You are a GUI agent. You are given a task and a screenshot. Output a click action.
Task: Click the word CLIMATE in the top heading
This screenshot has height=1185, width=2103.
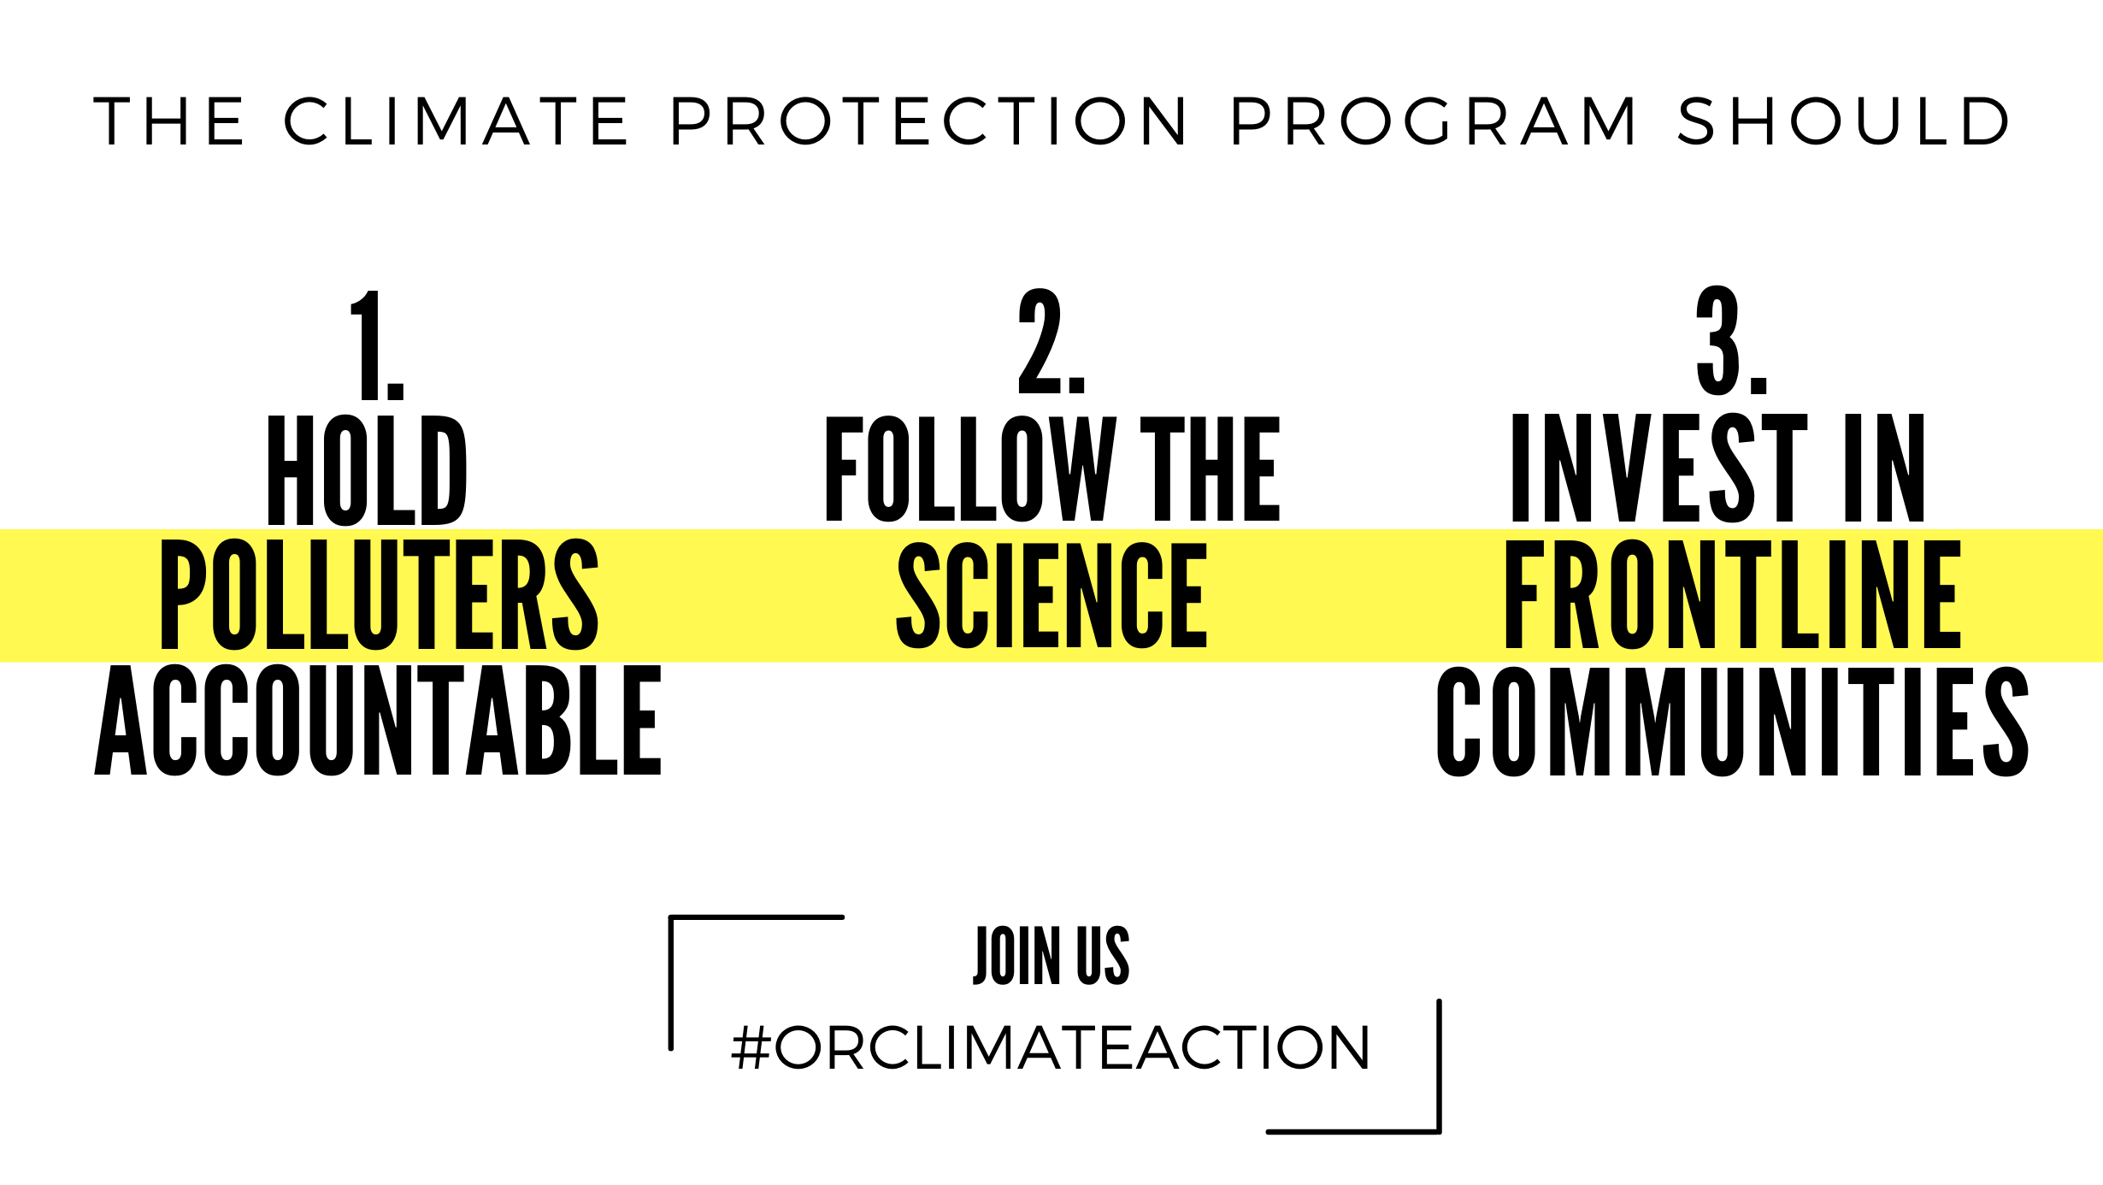pyautogui.click(x=456, y=121)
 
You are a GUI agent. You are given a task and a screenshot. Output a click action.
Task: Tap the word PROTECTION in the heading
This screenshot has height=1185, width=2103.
pyautogui.click(x=928, y=121)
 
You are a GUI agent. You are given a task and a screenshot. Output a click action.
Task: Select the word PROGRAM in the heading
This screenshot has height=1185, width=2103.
pyautogui.click(x=1433, y=121)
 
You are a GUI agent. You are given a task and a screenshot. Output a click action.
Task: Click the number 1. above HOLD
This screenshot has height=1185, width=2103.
pyautogui.click(x=377, y=345)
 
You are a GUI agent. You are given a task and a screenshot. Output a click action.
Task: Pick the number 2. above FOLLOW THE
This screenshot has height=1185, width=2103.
pyautogui.click(x=1051, y=341)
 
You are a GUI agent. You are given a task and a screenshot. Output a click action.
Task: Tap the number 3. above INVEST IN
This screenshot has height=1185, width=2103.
pyautogui.click(x=1732, y=340)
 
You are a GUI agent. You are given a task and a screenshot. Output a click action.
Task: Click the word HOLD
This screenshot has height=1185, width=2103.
pyautogui.click(x=368, y=470)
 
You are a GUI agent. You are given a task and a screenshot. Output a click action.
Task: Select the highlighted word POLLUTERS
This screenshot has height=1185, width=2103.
pyautogui.click(x=380, y=595)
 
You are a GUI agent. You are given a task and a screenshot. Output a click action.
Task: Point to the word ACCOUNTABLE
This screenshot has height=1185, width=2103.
pyautogui.click(x=378, y=720)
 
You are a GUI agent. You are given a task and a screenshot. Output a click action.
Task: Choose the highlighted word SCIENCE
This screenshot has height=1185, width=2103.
pyautogui.click(x=1051, y=595)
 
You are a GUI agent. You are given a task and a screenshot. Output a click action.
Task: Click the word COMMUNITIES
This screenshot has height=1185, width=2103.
pyautogui.click(x=1733, y=722)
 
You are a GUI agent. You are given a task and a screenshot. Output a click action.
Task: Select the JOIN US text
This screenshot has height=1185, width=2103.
pyautogui.click(x=1051, y=955)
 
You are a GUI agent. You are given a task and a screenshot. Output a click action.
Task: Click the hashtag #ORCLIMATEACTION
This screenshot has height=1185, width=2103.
pyautogui.click(x=1051, y=1047)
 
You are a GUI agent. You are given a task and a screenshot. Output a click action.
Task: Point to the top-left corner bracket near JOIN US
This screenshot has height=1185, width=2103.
pyautogui.click(x=672, y=918)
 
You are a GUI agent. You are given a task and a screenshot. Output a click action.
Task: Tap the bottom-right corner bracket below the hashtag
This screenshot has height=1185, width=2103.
pyautogui.click(x=1439, y=1131)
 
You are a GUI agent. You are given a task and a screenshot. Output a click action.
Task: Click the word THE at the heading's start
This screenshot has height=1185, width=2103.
pyautogui.click(x=169, y=121)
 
